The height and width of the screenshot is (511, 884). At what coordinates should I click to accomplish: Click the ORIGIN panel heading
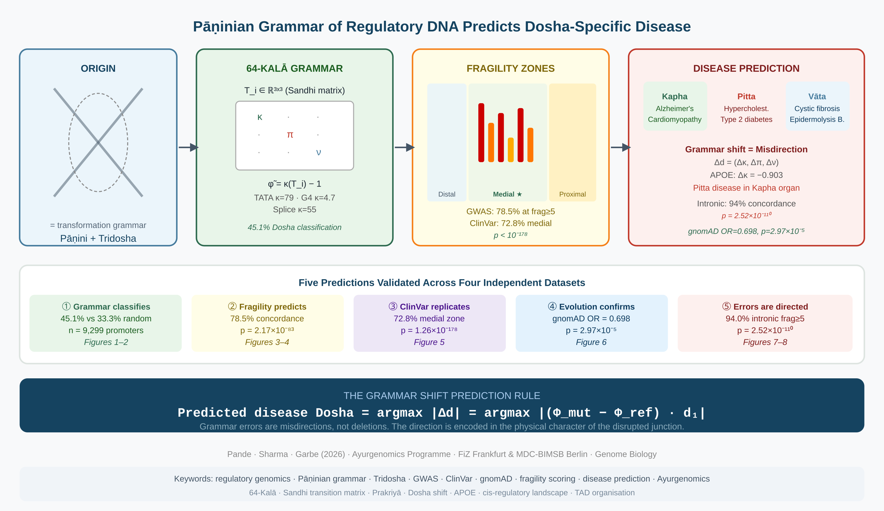[x=98, y=69]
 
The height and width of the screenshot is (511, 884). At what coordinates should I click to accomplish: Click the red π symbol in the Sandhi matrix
[x=290, y=135]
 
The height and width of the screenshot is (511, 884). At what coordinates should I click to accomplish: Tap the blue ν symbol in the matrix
[x=318, y=152]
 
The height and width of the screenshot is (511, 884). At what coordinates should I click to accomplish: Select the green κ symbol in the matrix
[x=260, y=117]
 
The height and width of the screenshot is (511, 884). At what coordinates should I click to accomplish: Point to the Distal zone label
[x=446, y=194]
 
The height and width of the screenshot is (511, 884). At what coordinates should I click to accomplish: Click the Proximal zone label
[x=572, y=194]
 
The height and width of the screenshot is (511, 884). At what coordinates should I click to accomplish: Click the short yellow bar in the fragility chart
[x=511, y=150]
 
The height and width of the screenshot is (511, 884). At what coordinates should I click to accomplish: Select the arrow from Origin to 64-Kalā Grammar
[x=188, y=147]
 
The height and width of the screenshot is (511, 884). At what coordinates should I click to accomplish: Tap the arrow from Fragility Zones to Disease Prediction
[x=620, y=147]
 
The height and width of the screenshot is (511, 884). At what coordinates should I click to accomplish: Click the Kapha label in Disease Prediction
[x=674, y=97]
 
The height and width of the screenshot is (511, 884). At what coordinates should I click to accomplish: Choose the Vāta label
[x=817, y=97]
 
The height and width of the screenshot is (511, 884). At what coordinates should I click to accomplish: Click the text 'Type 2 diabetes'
[x=746, y=120]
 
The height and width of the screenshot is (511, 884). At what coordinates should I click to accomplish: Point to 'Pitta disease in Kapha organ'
[x=746, y=188]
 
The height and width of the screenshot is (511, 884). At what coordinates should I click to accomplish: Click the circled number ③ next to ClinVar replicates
[x=393, y=306]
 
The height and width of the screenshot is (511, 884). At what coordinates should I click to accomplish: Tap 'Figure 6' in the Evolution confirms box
[x=591, y=342]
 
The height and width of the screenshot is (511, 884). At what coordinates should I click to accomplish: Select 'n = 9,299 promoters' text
[x=106, y=330]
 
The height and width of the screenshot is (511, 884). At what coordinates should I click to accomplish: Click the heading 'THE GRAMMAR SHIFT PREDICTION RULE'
[x=442, y=396]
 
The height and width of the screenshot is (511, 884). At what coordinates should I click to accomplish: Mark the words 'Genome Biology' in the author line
[x=626, y=454]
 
